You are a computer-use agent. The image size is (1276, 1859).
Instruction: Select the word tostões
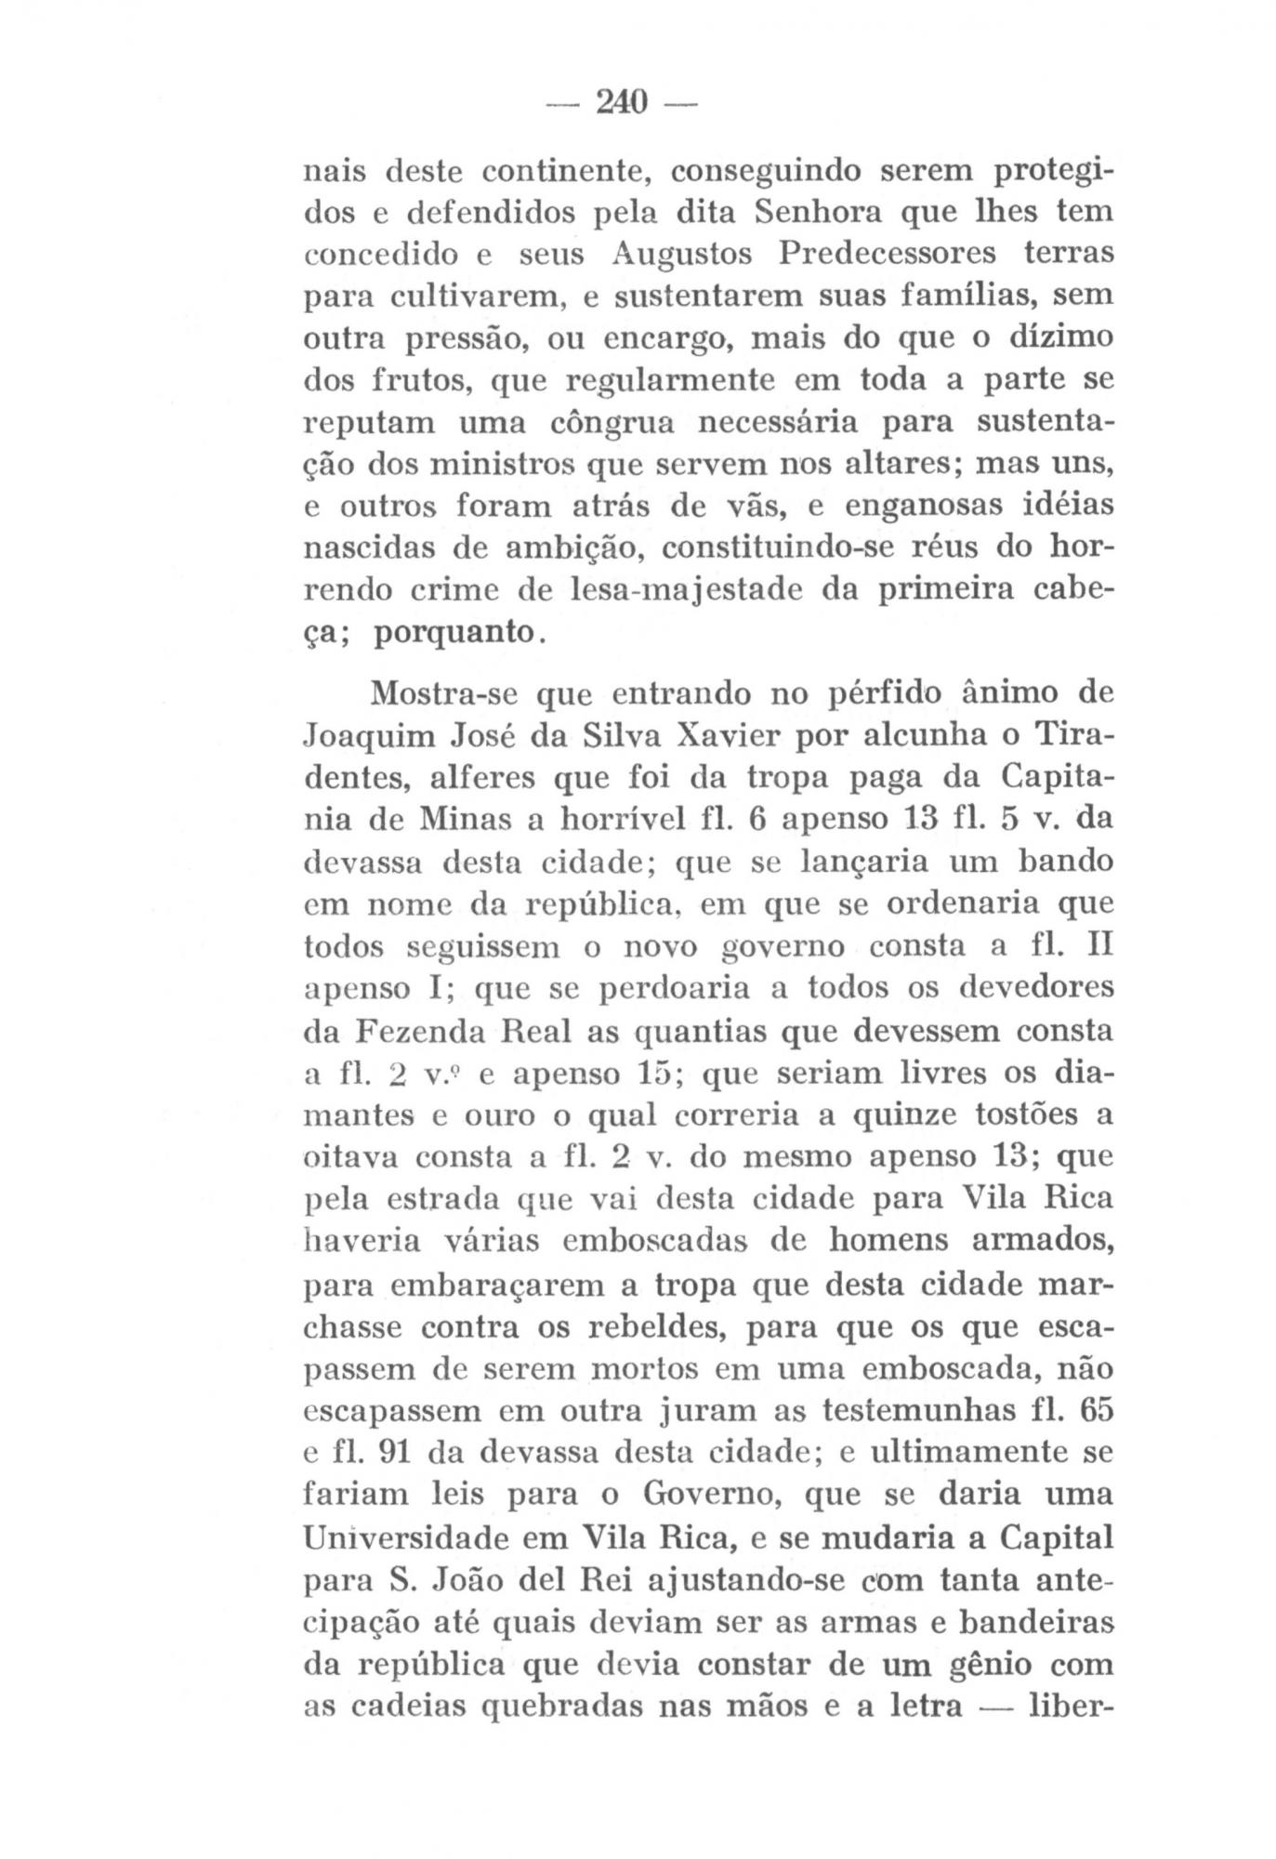1014,1115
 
